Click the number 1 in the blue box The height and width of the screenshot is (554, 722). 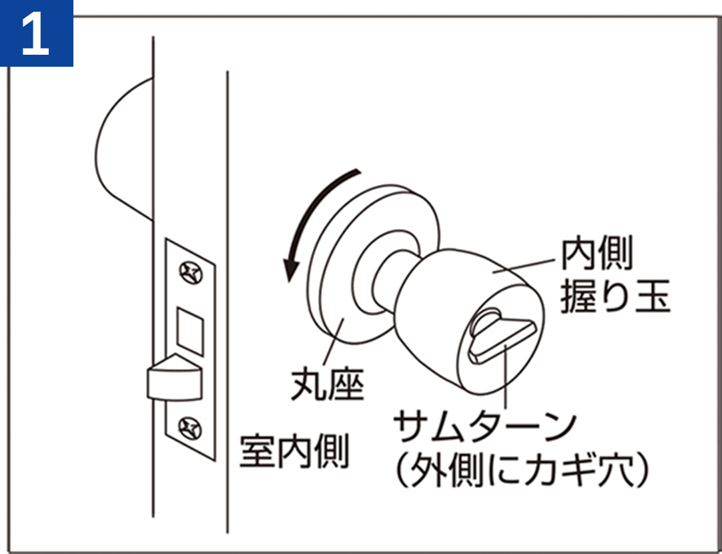click(x=35, y=33)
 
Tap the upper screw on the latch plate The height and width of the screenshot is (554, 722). click(x=191, y=272)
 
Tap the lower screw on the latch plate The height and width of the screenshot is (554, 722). click(x=190, y=429)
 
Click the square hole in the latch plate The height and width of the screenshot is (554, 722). click(x=190, y=331)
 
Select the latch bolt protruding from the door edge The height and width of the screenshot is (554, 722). click(x=174, y=378)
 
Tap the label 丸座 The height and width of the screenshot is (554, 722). click(x=328, y=384)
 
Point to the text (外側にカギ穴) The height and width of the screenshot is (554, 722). click(x=522, y=472)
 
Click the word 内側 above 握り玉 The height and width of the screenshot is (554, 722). click(x=597, y=253)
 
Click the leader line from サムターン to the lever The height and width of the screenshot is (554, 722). click(x=506, y=376)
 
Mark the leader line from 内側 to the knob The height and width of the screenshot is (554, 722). click(x=524, y=266)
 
